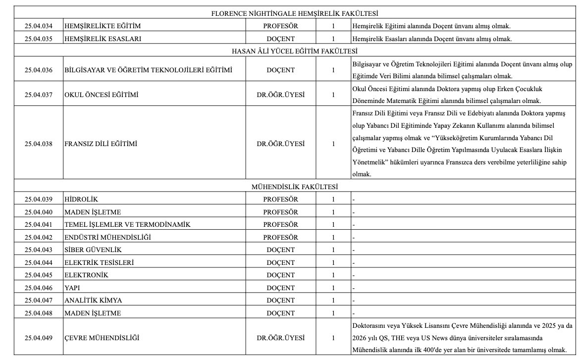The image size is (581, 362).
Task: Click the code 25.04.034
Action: [x=39, y=25]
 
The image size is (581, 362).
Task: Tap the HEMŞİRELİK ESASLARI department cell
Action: [x=103, y=39]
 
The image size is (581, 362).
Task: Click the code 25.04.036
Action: [x=39, y=70]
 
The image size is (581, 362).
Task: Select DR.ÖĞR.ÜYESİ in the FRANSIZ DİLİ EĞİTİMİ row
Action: [x=281, y=144]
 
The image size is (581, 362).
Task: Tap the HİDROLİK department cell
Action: [x=82, y=199]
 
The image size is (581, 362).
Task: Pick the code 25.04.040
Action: [x=39, y=212]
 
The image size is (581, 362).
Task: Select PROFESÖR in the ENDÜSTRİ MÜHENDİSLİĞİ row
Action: [x=281, y=237]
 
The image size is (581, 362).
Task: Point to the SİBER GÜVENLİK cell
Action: [x=93, y=250]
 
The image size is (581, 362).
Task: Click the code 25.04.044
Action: [x=39, y=262]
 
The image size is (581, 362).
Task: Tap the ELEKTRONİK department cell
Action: [x=86, y=275]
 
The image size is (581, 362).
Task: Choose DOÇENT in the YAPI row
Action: [x=281, y=288]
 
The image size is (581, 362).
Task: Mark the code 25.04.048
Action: [x=39, y=313]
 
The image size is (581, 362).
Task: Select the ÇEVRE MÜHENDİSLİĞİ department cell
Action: [x=102, y=338]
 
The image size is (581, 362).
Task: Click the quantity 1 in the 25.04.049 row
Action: [x=333, y=338]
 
